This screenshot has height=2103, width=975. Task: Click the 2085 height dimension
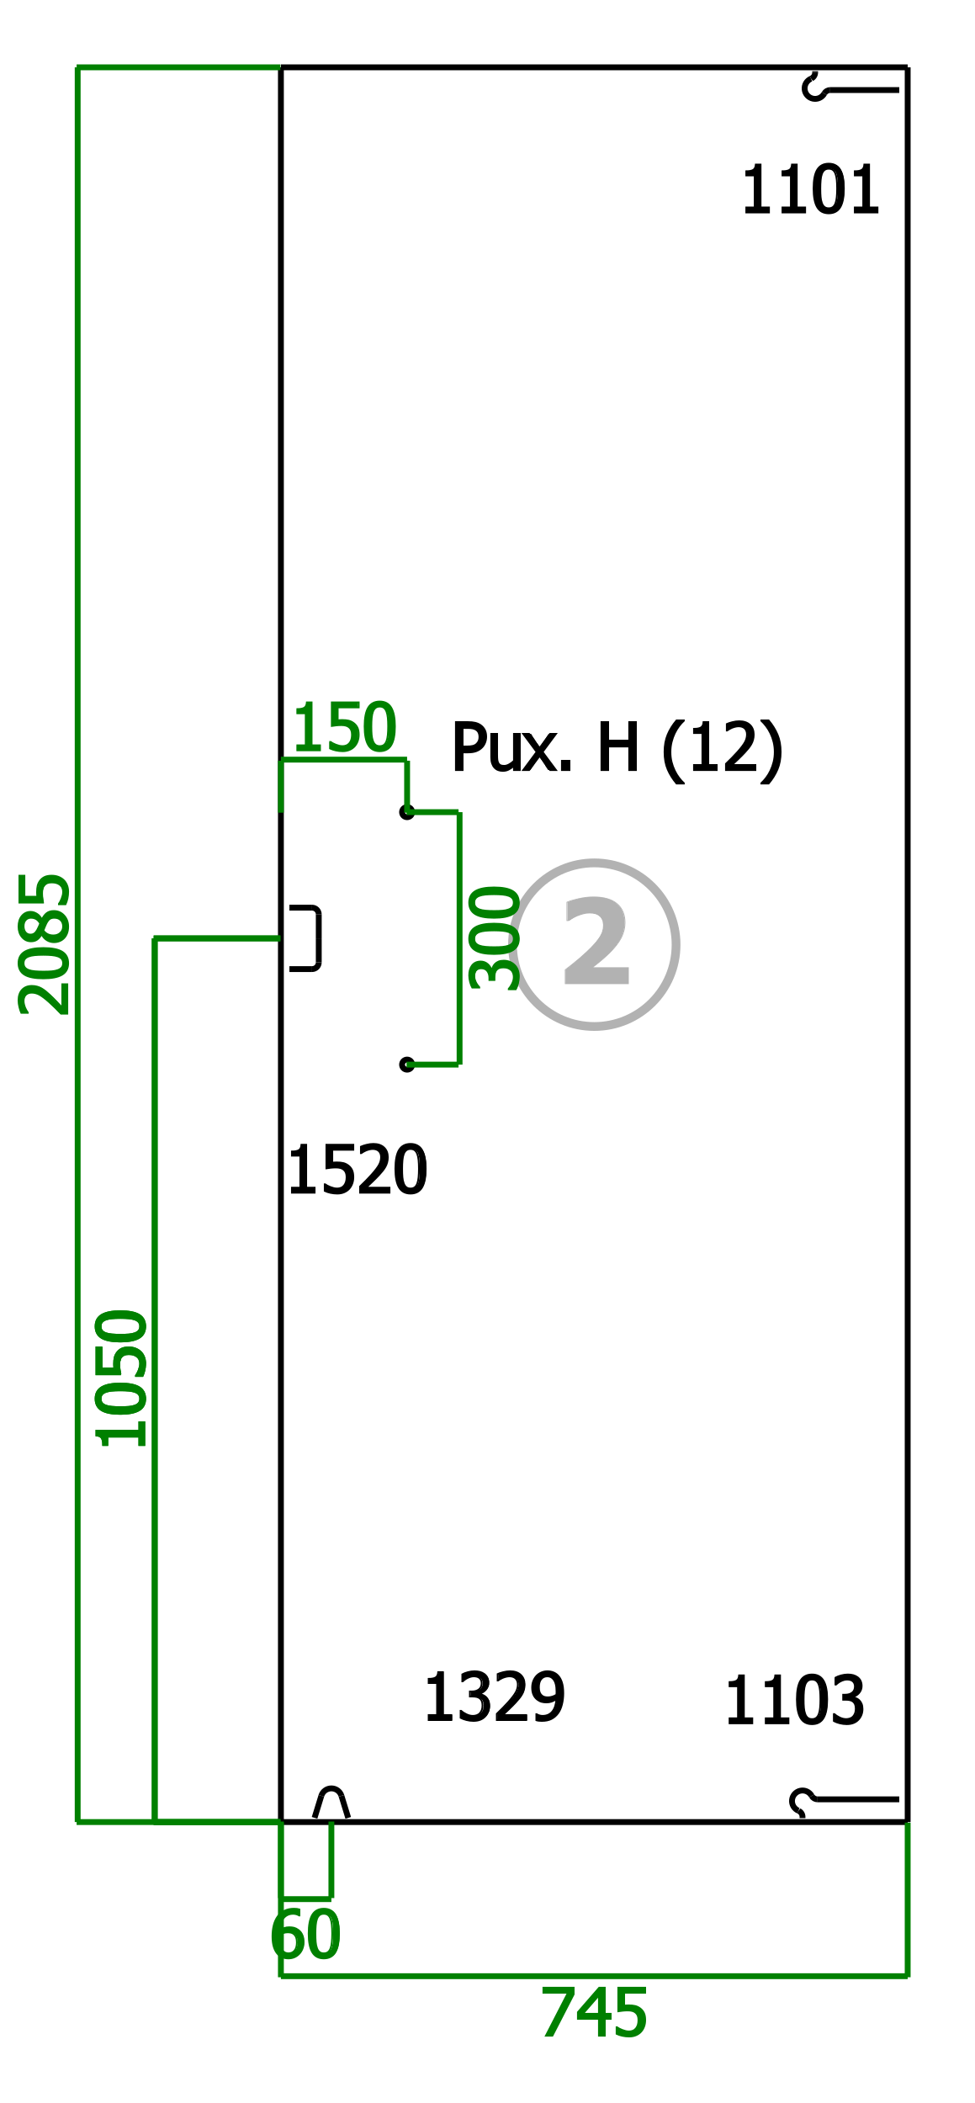coord(45,943)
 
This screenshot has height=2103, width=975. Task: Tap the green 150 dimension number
coord(344,728)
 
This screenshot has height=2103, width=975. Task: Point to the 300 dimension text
coord(495,937)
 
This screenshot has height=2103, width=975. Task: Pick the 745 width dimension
coord(594,2013)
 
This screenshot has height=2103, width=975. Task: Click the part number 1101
coord(810,190)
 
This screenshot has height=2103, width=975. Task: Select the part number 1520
coord(358,1170)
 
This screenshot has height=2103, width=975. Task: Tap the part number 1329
coord(495,1698)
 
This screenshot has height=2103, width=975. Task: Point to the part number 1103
coord(794,1701)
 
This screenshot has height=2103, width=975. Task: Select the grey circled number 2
coord(595,944)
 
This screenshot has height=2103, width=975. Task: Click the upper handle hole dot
coord(407,812)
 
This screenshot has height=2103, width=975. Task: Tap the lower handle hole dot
coord(407,1065)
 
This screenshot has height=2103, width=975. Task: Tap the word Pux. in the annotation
coord(511,747)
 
